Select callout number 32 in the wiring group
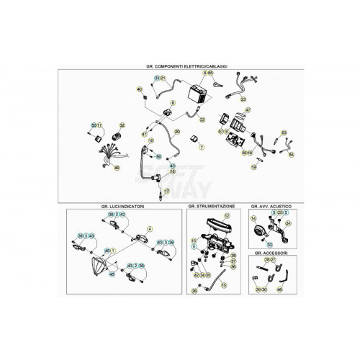pyautogui.click(x=122, y=125)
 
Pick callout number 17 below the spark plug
pyautogui.click(x=166, y=192)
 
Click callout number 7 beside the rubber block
pyautogui.click(x=202, y=146)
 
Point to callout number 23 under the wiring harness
pyautogui.click(x=243, y=99)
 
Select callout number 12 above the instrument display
pyautogui.click(x=226, y=215)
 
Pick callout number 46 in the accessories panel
pyautogui.click(x=279, y=289)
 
